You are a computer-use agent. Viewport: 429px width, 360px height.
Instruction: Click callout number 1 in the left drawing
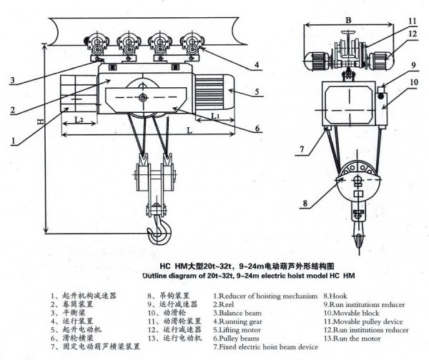point(14,141)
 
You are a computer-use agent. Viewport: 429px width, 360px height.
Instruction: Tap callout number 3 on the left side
point(13,80)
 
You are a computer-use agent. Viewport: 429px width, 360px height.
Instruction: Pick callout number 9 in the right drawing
point(413,66)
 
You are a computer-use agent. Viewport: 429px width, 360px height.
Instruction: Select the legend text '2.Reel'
point(227,304)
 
